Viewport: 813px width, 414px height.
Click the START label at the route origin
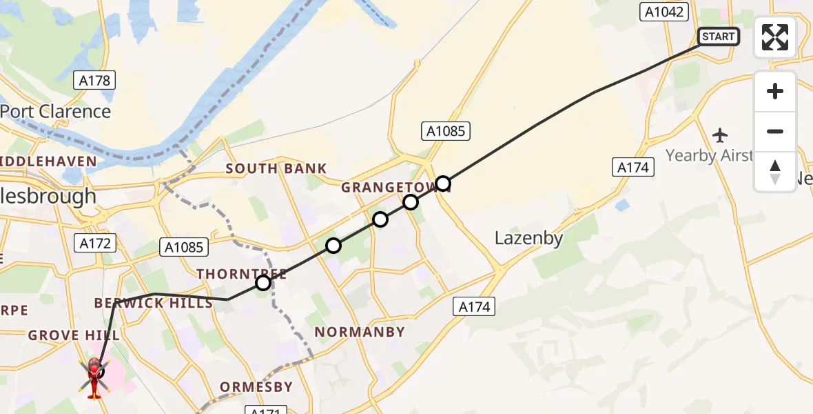click(719, 37)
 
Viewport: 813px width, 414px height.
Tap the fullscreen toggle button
click(775, 37)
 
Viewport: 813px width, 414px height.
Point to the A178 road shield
click(94, 81)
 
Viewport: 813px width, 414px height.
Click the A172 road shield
click(94, 243)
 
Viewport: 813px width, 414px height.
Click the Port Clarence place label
click(55, 111)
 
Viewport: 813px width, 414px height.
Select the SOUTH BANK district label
click(276, 169)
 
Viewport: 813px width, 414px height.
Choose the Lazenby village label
click(528, 239)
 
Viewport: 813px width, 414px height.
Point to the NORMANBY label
click(360, 332)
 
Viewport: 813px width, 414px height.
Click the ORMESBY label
click(256, 387)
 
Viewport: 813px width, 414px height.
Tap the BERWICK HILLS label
click(154, 304)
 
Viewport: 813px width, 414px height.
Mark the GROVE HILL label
click(74, 335)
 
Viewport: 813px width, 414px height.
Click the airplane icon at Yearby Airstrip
click(721, 135)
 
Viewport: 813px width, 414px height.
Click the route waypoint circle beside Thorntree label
click(263, 283)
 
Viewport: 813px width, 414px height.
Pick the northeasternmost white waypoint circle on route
click(443, 184)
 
